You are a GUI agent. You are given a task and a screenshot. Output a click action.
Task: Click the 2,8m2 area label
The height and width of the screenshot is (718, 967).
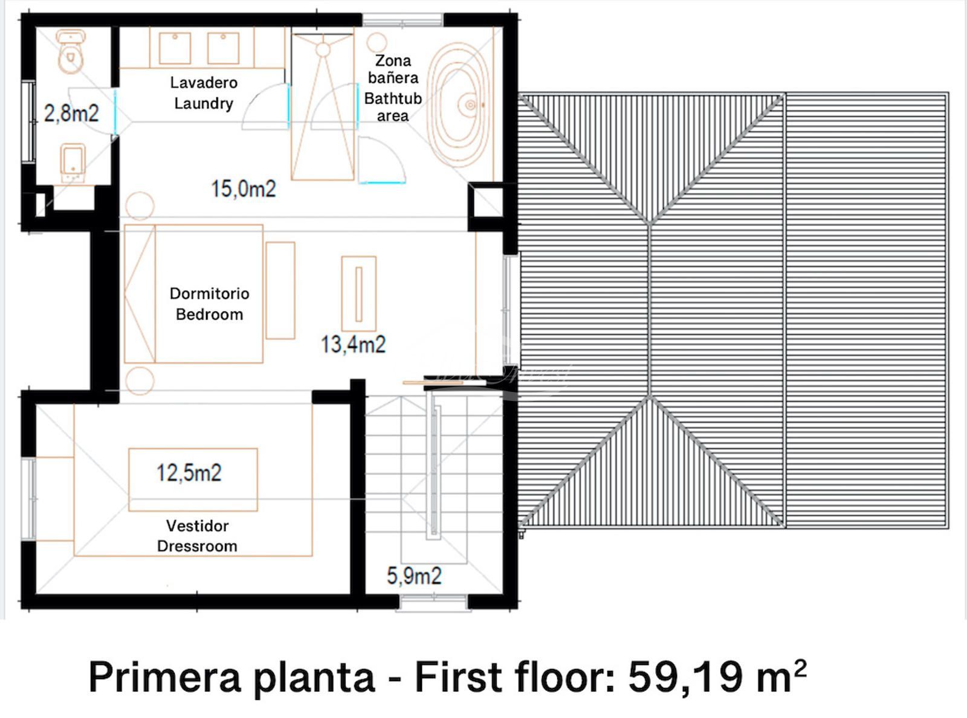[71, 114]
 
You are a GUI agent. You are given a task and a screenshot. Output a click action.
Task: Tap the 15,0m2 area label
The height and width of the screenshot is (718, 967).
[244, 189]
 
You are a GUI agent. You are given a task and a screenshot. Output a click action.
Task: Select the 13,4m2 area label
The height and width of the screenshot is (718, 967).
[353, 345]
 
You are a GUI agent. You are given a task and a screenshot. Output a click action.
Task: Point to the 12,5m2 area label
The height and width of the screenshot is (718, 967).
[189, 473]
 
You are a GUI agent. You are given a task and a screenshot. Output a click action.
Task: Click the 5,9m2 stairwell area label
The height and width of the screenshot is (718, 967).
[414, 575]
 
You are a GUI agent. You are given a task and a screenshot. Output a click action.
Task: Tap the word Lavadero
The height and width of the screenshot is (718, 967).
[204, 82]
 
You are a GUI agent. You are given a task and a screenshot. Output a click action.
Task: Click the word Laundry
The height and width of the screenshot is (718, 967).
[204, 104]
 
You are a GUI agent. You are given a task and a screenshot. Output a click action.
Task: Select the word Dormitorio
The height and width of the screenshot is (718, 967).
[209, 293]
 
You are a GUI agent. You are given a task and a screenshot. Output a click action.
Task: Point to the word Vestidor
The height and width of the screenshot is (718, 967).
[197, 526]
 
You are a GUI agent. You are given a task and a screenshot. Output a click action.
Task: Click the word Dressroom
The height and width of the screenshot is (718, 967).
[197, 547]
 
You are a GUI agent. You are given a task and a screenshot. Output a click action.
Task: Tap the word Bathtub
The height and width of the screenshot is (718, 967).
[393, 98]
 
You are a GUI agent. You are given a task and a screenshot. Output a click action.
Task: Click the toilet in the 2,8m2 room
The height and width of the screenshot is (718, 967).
[70, 51]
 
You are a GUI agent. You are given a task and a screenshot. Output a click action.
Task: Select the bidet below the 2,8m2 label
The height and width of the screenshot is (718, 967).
[73, 163]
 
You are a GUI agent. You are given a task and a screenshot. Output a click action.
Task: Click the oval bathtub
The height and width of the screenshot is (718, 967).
[458, 104]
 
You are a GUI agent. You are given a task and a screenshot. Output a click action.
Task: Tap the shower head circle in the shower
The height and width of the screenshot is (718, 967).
[323, 50]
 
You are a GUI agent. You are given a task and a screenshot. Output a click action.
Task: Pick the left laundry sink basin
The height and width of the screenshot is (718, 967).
[175, 48]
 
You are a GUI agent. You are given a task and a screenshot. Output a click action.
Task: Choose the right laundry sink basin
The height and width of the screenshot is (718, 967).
[223, 48]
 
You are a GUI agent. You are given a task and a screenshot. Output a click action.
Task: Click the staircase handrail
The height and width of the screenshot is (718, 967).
[435, 470]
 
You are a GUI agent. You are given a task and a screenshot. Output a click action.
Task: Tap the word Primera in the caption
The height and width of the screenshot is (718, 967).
[165, 676]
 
